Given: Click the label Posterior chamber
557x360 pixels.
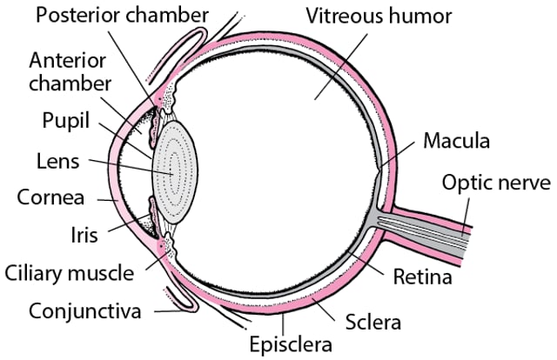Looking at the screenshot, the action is coord(122,16).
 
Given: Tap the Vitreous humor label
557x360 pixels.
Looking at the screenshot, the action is coord(379,16).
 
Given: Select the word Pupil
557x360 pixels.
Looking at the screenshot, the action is coord(66,121).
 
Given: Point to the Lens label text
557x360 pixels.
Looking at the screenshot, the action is coord(58,162).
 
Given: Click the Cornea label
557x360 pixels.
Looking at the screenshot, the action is coord(50,197).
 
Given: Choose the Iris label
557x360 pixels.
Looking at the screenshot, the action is coord(84,235).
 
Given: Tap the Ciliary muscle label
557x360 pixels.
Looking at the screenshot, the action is coord(70,274).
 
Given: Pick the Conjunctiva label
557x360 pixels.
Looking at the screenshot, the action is coord(85,311).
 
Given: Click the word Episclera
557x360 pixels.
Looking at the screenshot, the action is coord(291,344).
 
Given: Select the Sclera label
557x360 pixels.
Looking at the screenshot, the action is coord(373,322).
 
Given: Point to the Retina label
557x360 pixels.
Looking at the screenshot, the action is coord(422,277).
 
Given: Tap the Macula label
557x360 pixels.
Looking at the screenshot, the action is coord(456,141).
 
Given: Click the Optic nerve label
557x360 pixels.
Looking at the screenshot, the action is coord(496,183).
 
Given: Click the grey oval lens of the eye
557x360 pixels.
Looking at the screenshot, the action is coord(175,172).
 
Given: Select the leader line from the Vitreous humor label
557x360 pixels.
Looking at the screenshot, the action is coord(341,66).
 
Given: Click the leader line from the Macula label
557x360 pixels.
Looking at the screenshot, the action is coord(397,155).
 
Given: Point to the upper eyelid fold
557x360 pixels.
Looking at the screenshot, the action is coord(178,53).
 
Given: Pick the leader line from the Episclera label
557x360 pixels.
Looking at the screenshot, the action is coord(283,323).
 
